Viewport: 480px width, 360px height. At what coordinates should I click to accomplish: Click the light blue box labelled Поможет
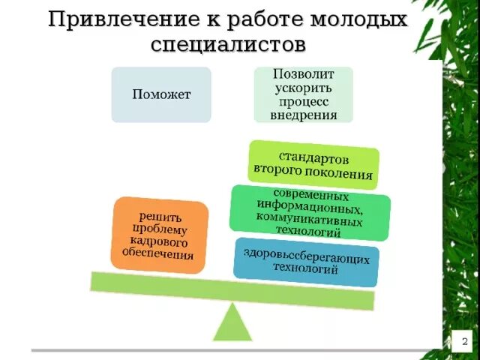pos(161,94)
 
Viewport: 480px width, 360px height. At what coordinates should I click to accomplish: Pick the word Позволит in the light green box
pos(303,76)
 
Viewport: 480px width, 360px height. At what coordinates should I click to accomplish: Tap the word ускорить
pos(303,88)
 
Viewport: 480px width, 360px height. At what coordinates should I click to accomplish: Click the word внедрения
pos(303,115)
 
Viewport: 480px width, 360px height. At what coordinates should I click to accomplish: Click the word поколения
pos(343,174)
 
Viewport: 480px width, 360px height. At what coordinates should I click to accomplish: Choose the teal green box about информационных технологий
pos(309,211)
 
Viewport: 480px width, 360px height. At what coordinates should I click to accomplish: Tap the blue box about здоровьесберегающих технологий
pos(306,261)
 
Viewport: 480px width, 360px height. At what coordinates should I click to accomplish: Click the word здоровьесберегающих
pos(306,256)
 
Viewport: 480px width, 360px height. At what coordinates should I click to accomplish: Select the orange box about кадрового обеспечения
pos(158,235)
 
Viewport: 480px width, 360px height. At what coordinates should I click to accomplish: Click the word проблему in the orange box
pos(159,229)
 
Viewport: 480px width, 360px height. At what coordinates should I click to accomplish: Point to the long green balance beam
pos(232,290)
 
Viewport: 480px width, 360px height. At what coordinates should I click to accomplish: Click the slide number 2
pos(464,342)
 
